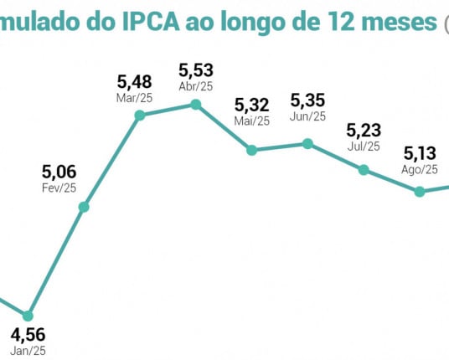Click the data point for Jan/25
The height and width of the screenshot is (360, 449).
click(28, 316)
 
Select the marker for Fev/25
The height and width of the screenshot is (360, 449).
click(84, 207)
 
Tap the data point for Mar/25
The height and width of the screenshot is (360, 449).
click(140, 115)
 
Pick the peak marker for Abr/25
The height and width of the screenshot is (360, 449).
click(195, 105)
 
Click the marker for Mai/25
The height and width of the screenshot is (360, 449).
click(251, 150)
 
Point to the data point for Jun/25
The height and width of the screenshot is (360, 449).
click(307, 144)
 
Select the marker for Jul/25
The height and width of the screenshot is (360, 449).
click(364, 169)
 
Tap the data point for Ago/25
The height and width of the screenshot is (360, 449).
click(420, 191)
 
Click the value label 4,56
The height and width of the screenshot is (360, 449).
click(28, 336)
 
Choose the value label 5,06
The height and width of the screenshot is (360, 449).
click(59, 172)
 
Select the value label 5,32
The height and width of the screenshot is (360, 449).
click(251, 105)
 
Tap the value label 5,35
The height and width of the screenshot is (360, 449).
click(307, 100)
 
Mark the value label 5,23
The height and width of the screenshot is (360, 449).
click(364, 131)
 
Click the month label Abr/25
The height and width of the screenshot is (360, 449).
click(196, 86)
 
